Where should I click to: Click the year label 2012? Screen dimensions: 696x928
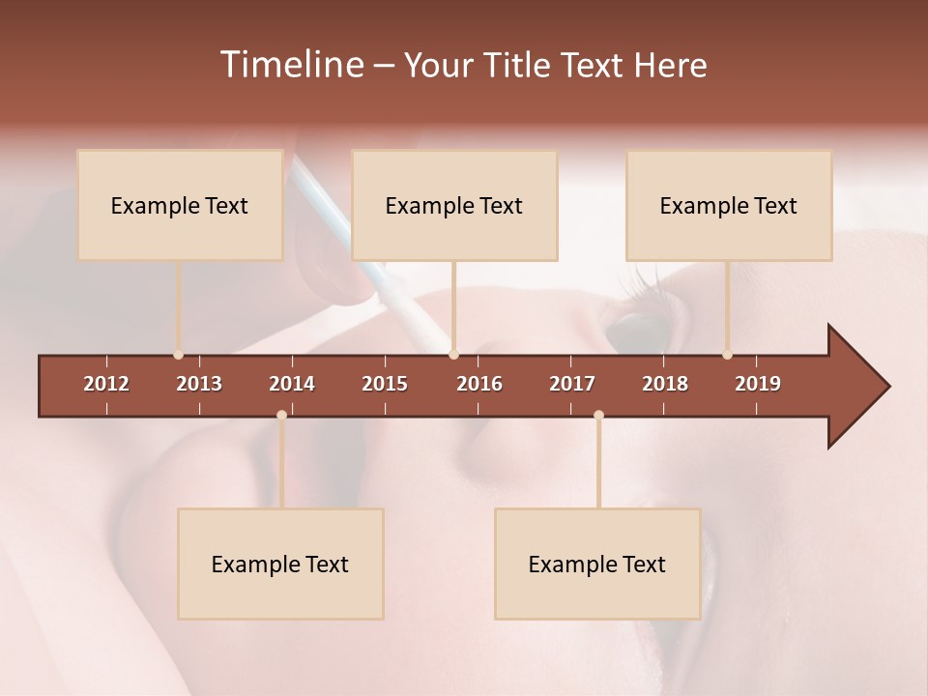[106, 384]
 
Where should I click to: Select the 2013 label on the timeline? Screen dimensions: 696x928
[199, 384]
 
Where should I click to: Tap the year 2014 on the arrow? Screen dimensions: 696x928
[292, 384]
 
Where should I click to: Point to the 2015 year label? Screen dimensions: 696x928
[385, 384]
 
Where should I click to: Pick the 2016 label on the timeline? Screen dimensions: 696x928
[479, 384]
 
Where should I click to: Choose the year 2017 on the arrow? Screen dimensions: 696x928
[572, 384]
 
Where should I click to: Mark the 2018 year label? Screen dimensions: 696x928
[665, 384]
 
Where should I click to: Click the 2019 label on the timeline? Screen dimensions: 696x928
[758, 384]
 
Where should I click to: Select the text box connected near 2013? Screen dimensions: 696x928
[180, 205]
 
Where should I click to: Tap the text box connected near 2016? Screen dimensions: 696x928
[454, 205]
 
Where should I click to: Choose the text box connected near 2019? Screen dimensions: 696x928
[729, 205]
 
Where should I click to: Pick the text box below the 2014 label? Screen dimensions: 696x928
[280, 564]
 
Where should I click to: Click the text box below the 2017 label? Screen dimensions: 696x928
[597, 564]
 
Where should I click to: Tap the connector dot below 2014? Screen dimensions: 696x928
[281, 415]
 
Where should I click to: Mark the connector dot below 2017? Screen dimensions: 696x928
[598, 415]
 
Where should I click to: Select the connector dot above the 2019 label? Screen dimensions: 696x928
[728, 355]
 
